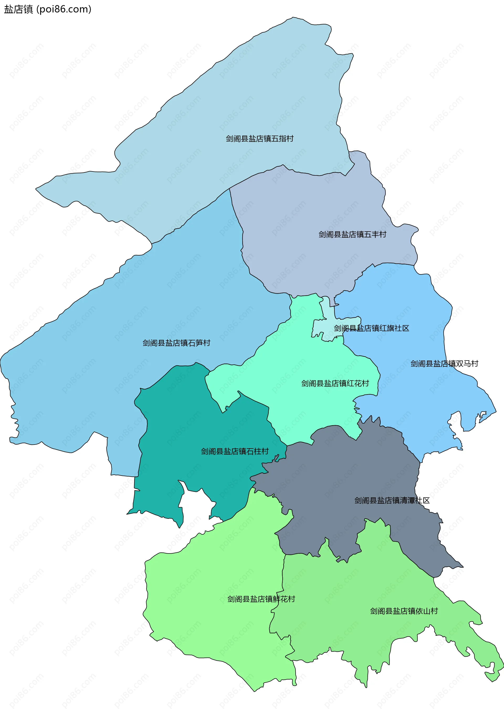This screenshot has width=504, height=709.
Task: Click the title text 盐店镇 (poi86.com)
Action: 48,9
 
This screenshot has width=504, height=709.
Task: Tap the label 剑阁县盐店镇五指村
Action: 259,138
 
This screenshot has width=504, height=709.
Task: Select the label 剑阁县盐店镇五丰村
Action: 352,234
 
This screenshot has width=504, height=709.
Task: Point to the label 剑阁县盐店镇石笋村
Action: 176,343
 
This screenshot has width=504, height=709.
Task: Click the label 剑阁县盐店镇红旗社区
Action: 371,328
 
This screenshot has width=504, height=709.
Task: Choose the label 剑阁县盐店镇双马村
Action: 444,363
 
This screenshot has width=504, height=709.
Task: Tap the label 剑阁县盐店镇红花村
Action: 335,383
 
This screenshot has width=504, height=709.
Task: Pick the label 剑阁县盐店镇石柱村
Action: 235,451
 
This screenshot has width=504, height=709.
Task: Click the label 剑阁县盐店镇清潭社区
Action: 392,501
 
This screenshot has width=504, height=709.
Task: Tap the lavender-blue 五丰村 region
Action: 310,217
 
